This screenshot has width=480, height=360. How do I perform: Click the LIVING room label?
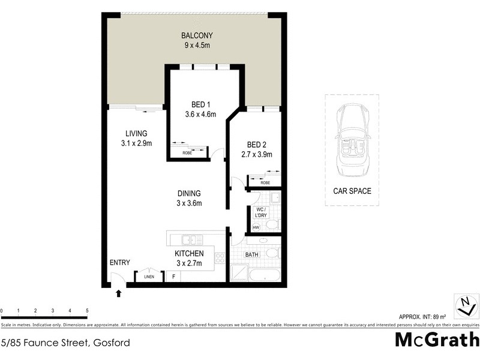point(136,133)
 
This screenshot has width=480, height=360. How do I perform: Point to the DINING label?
point(189,193)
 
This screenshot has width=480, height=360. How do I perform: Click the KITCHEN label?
point(189,253)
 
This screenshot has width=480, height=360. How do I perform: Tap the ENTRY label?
point(119,262)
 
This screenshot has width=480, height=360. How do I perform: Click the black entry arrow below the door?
point(118,293)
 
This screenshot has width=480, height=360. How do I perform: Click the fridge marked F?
point(174,277)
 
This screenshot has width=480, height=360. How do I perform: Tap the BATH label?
point(251,254)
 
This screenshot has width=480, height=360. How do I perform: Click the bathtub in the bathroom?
point(263,277)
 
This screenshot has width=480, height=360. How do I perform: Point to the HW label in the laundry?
point(255,227)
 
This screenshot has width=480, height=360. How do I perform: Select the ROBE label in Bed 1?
point(187,154)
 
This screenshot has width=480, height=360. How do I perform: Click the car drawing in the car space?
point(352,141)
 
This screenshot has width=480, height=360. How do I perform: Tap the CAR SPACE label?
point(352,191)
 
